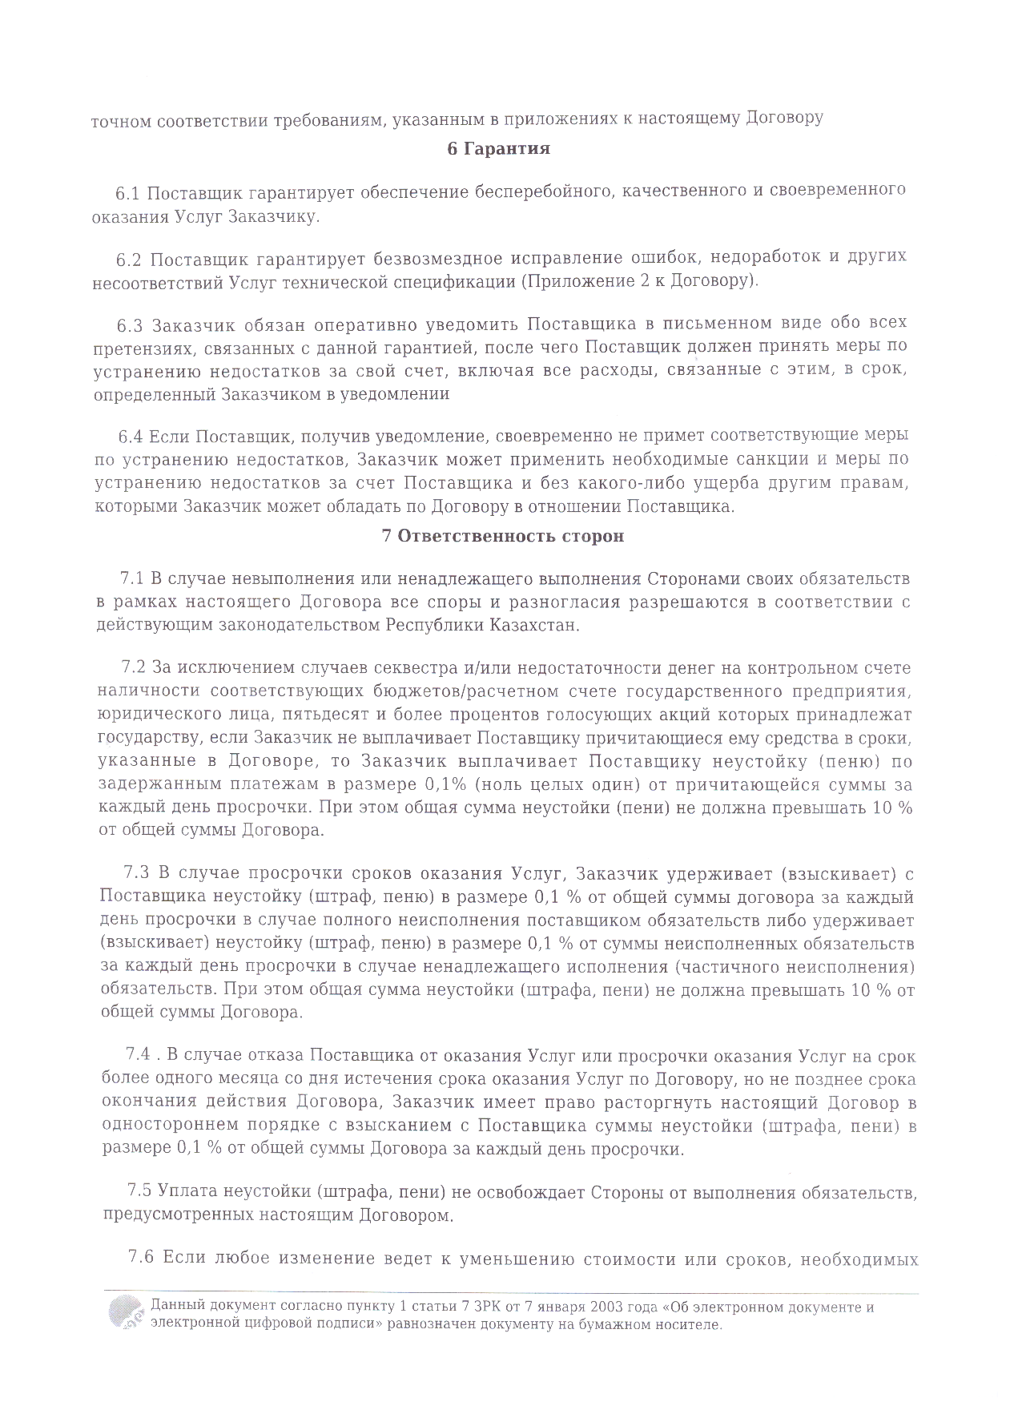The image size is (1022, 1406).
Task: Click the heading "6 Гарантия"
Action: click(498, 149)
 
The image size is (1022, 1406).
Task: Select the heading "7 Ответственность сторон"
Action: click(503, 537)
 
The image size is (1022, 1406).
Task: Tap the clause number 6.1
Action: click(127, 193)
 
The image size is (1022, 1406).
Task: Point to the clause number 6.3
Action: click(129, 325)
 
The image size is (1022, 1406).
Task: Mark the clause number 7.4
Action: click(139, 1056)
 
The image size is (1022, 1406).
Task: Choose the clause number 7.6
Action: click(141, 1258)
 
